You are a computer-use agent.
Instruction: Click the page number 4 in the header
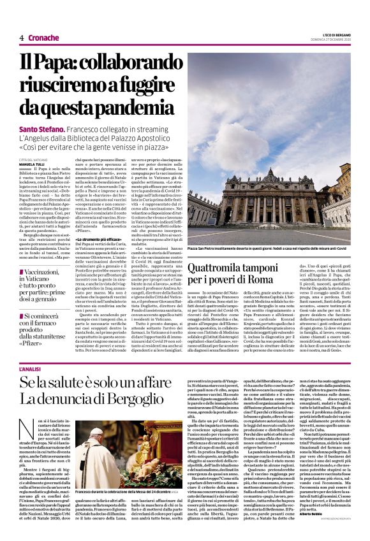(21, 38)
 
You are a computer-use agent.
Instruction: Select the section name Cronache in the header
(43, 38)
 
